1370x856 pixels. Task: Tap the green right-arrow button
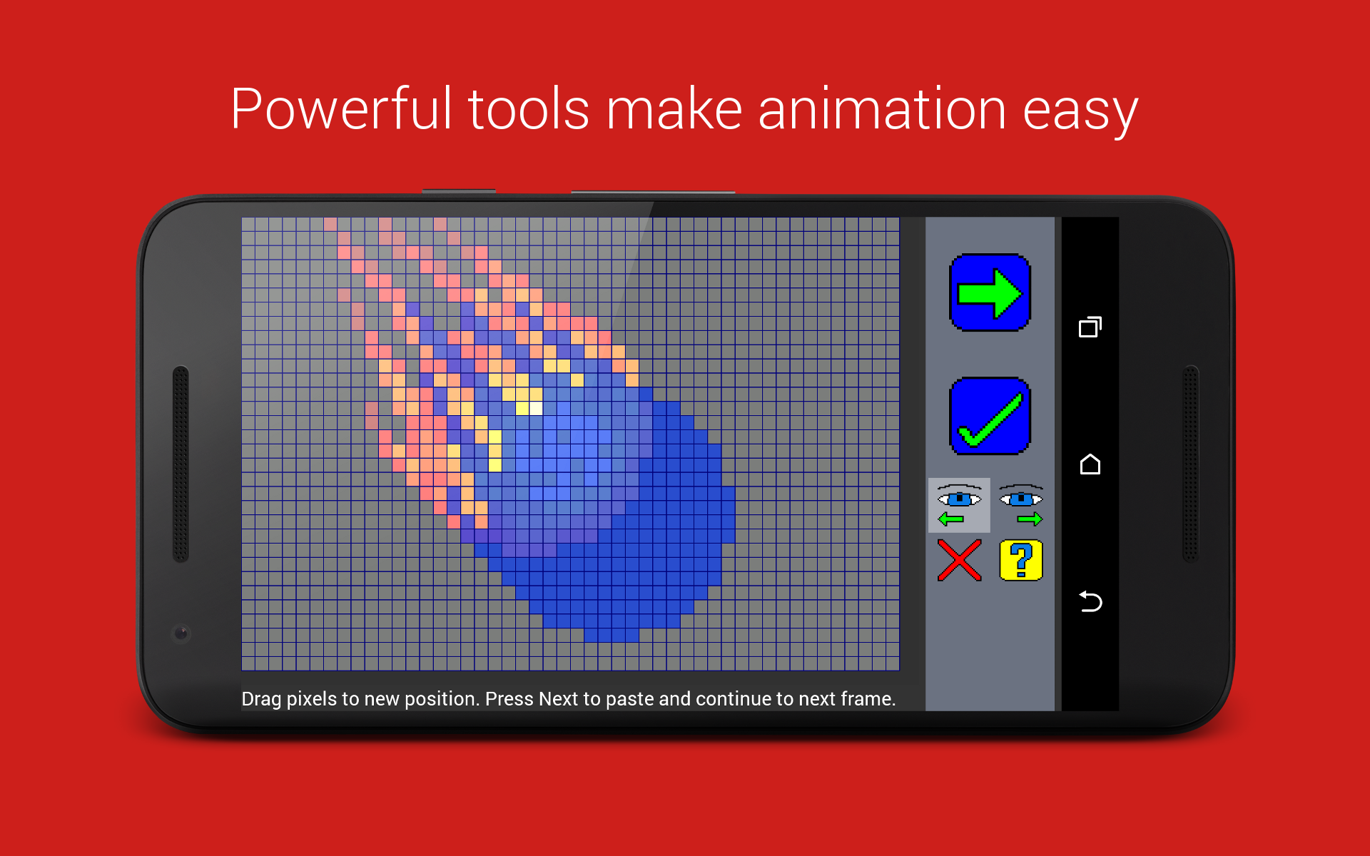(x=990, y=292)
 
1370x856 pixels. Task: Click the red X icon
(x=959, y=560)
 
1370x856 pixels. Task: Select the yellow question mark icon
(x=1021, y=560)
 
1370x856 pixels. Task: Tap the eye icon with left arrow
(x=959, y=505)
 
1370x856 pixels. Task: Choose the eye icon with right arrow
(x=1021, y=505)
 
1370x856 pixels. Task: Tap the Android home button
(x=1090, y=464)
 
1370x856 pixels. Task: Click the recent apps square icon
(x=1090, y=327)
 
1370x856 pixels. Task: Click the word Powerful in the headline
(x=342, y=108)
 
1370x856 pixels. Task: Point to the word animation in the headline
(x=882, y=108)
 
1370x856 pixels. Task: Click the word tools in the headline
(x=529, y=108)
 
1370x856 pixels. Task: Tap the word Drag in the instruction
(x=261, y=699)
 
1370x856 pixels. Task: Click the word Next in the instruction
(x=558, y=698)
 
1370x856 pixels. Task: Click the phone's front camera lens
(x=181, y=633)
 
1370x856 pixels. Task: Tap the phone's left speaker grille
(x=181, y=464)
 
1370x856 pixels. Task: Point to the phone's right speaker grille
(x=1191, y=464)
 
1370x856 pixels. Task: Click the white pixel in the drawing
(x=536, y=408)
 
